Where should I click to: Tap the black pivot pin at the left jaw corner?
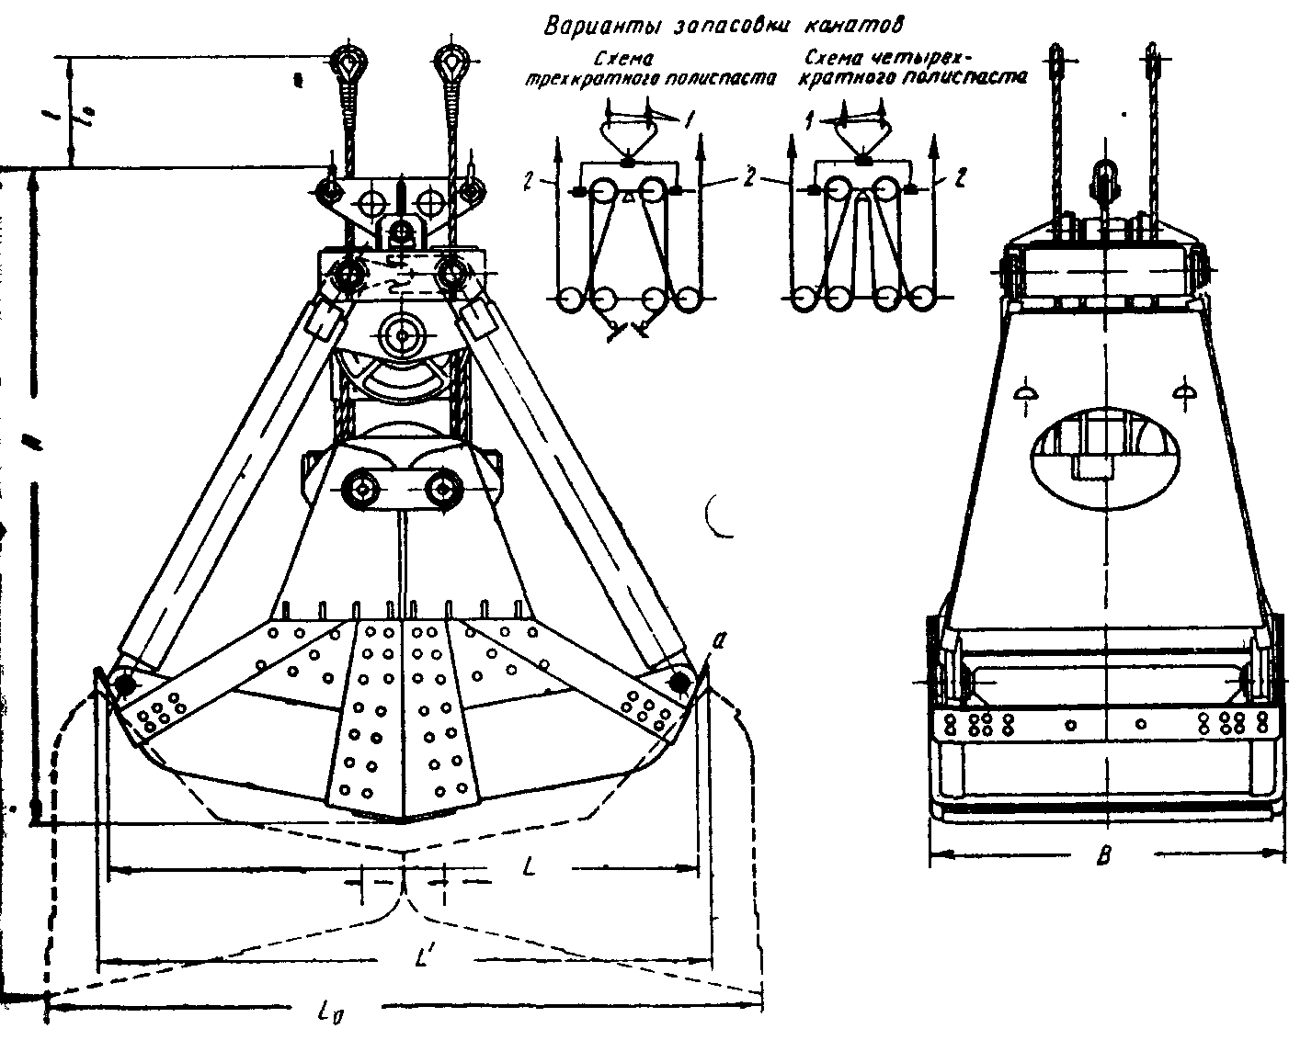(122, 684)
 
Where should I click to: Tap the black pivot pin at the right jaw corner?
(680, 682)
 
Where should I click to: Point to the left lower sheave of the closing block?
(356, 488)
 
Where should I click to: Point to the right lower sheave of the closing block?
(444, 488)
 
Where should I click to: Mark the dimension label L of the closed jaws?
(529, 866)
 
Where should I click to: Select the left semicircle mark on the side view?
(1027, 392)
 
